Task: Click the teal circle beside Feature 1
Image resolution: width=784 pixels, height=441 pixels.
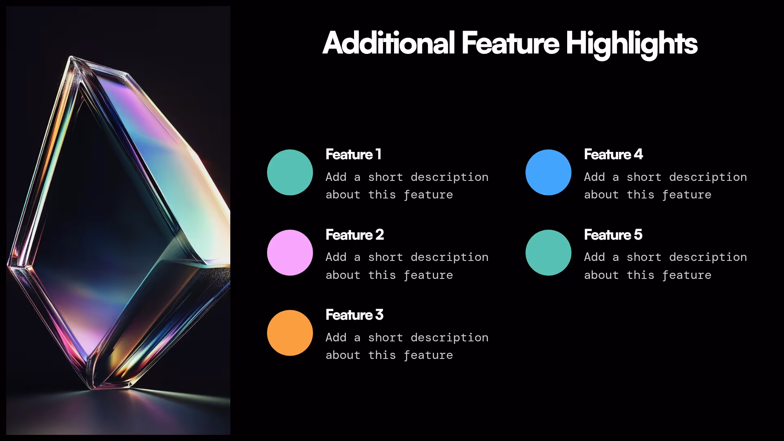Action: (290, 172)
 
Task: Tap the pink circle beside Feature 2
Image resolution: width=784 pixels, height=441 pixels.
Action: (290, 252)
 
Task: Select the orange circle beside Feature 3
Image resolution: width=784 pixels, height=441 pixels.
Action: (290, 333)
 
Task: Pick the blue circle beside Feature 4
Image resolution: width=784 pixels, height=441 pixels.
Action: (548, 172)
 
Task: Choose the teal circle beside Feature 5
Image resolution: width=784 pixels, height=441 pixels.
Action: (548, 252)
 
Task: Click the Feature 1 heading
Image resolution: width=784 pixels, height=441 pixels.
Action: (353, 154)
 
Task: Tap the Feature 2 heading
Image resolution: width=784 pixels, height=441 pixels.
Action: (354, 235)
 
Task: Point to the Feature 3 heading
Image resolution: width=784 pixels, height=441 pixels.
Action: (354, 315)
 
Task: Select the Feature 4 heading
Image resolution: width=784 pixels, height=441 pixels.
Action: (613, 154)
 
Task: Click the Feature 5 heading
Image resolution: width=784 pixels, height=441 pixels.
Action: (613, 235)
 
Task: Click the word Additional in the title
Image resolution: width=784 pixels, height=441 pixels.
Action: (388, 43)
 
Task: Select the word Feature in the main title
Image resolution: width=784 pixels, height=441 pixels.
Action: (510, 43)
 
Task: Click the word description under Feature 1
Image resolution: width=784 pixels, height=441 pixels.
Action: (449, 177)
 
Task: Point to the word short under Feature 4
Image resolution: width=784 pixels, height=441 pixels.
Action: (644, 177)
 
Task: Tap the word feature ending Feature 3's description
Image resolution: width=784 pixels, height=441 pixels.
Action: (428, 355)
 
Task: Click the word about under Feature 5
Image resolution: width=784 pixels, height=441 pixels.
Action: (601, 275)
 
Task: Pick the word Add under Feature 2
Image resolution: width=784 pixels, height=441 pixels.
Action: (336, 257)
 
